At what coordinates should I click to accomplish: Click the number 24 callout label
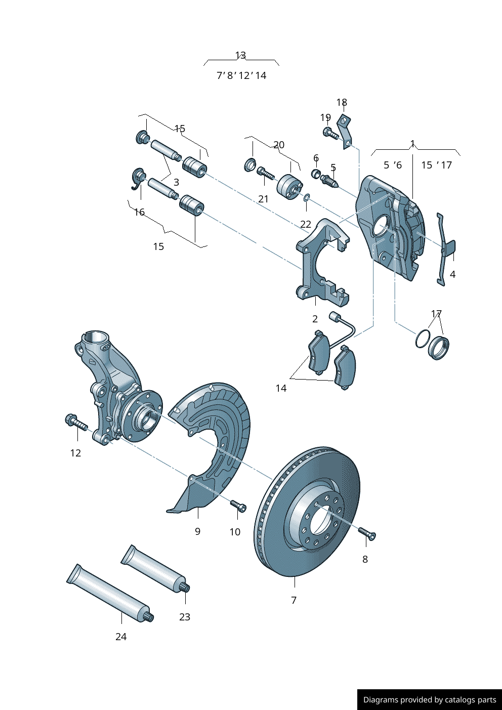coord(121,637)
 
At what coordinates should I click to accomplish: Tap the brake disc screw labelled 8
coord(367,533)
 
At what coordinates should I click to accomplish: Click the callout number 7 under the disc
coord(294,600)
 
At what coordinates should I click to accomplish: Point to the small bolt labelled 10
coord(238,506)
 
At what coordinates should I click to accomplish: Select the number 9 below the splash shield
coord(197,531)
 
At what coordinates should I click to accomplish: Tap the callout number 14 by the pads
coord(281,388)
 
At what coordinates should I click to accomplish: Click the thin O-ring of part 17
coord(423,339)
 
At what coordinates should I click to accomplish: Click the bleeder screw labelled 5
coord(329,180)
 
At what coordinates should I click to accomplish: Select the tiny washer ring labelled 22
coord(307,197)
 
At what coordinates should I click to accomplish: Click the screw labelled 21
coord(265,173)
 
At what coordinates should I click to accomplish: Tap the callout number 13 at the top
coord(240,55)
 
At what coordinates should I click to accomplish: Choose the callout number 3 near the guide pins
coord(176,182)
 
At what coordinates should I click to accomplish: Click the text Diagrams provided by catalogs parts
coord(430,700)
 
